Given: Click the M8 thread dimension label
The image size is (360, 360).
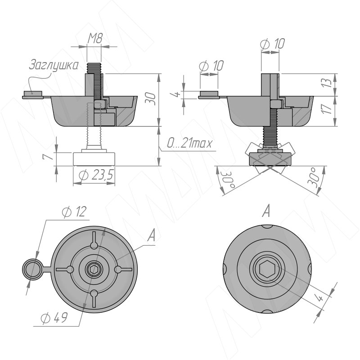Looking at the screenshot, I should [95, 39].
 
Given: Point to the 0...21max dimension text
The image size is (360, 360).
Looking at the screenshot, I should [189, 144].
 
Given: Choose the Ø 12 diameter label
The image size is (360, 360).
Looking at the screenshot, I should [75, 212].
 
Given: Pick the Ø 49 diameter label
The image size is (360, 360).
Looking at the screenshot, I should [54, 318].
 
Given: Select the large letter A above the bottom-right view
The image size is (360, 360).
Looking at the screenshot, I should [266, 210].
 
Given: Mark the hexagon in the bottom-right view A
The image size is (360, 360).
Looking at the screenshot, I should [266, 269].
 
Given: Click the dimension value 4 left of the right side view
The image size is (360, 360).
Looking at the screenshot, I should [178, 95].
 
